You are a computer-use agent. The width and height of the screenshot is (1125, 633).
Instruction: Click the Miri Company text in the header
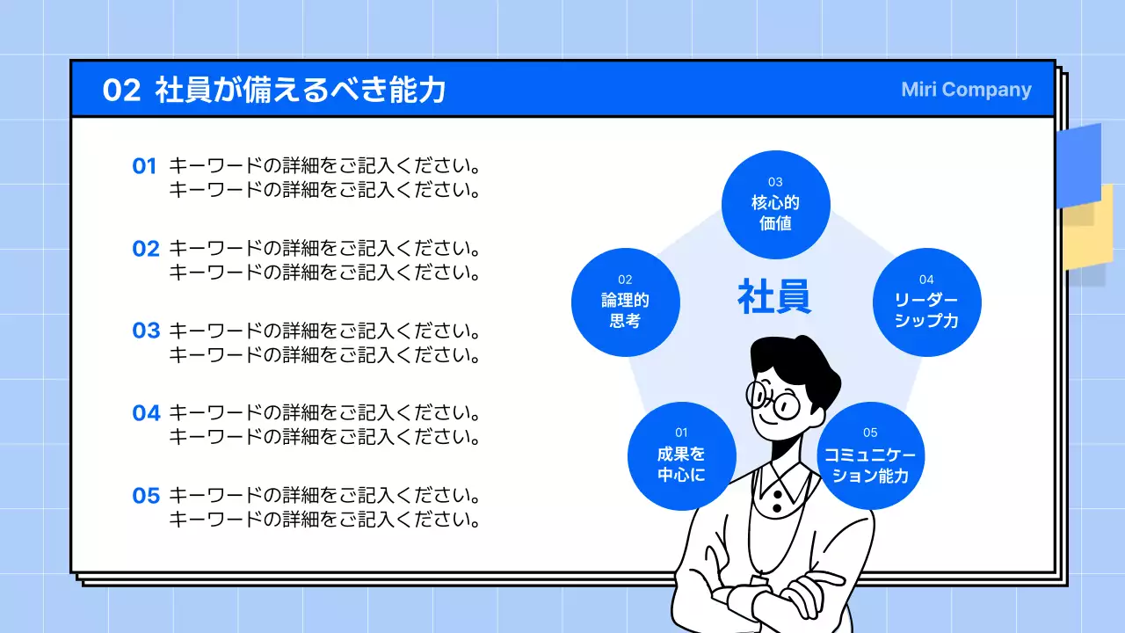(x=966, y=90)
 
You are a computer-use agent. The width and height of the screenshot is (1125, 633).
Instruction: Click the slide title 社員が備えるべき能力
(x=301, y=90)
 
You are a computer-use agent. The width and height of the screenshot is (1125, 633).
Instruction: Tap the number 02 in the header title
(x=121, y=90)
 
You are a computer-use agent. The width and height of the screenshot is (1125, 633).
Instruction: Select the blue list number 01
(x=144, y=166)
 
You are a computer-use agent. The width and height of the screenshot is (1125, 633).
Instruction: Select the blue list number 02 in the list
(x=146, y=249)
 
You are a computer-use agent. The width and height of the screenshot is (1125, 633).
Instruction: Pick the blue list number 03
(x=146, y=331)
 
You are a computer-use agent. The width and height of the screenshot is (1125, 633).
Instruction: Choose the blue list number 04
(x=146, y=413)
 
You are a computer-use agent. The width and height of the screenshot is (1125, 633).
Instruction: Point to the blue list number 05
(x=146, y=496)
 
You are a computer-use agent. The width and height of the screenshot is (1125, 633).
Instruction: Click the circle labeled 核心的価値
(x=775, y=204)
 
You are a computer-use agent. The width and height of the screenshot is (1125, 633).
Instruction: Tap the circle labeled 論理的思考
(x=625, y=302)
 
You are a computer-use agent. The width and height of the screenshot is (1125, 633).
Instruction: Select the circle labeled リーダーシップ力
(x=926, y=302)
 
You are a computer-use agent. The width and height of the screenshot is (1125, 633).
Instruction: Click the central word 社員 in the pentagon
(x=774, y=297)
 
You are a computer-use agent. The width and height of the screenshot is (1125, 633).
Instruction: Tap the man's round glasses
(x=773, y=401)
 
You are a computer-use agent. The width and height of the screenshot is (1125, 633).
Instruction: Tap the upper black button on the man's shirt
(x=777, y=494)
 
